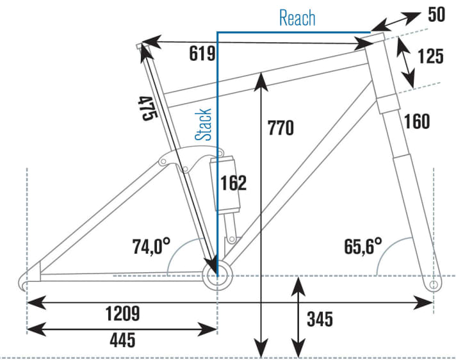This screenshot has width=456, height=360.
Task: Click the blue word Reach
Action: click(x=297, y=17)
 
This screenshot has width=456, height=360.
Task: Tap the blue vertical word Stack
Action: click(x=204, y=124)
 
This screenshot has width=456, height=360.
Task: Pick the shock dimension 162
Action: click(x=233, y=183)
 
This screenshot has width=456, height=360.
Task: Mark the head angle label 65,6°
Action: click(x=362, y=245)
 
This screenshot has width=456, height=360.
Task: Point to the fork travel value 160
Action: click(x=417, y=120)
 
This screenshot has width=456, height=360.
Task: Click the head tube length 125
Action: click(x=429, y=56)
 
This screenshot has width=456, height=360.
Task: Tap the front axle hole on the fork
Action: click(x=433, y=282)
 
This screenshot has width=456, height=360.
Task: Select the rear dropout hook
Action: click(x=25, y=281)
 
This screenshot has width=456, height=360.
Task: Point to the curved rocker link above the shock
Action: click(x=193, y=154)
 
